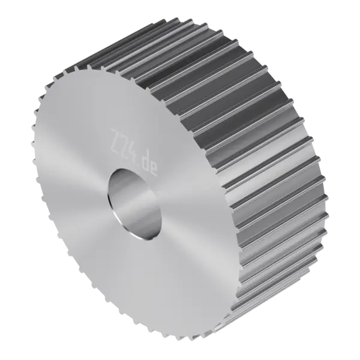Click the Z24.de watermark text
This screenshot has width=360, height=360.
134,153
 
